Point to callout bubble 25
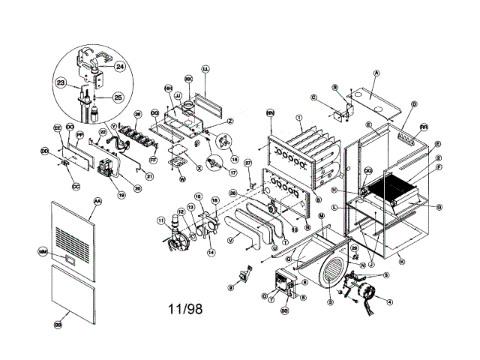click(x=118, y=97)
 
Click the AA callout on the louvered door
click(x=97, y=202)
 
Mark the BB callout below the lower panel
click(x=58, y=325)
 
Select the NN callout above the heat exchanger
click(x=269, y=113)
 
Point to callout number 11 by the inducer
click(x=160, y=220)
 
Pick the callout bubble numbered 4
click(x=389, y=303)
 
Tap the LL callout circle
click(x=205, y=69)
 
